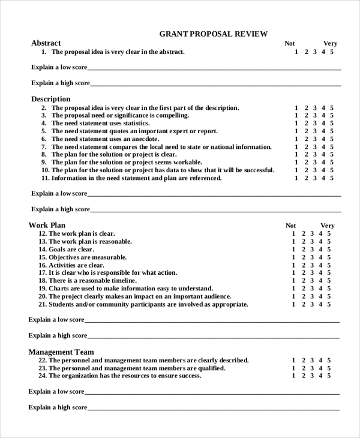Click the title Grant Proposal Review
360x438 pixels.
(x=213, y=34)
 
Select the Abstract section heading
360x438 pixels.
(x=46, y=43)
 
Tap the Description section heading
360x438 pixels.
(x=50, y=99)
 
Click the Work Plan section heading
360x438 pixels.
(x=47, y=225)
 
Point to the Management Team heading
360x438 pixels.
(x=61, y=352)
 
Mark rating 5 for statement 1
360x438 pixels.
(x=332, y=52)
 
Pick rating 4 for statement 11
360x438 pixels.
(x=323, y=178)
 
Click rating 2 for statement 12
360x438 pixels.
(x=304, y=234)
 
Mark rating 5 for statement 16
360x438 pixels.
(x=329, y=265)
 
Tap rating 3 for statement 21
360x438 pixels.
(x=312, y=305)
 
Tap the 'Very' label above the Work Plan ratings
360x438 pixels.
(x=327, y=226)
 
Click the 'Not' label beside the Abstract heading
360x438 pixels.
(x=290, y=43)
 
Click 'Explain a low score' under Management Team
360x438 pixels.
(x=56, y=392)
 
